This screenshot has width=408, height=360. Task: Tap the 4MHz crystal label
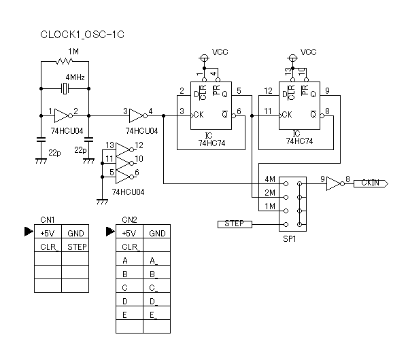pyautogui.click(x=75, y=78)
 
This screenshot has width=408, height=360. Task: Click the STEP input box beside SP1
pyautogui.click(x=234, y=223)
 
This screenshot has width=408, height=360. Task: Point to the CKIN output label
pyautogui.click(x=370, y=183)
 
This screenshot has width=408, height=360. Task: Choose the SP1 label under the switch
pyautogui.click(x=289, y=240)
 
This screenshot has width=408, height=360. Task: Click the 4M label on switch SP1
pyautogui.click(x=269, y=180)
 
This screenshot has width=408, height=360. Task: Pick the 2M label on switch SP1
pyautogui.click(x=269, y=194)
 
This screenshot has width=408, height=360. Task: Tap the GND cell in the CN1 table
pyautogui.click(x=75, y=232)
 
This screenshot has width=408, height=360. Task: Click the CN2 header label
pyautogui.click(x=129, y=219)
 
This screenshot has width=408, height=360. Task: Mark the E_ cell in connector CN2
pyautogui.click(x=156, y=314)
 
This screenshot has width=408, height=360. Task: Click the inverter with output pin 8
pyautogui.click(x=333, y=183)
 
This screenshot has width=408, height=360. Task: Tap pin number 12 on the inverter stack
pyautogui.click(x=139, y=145)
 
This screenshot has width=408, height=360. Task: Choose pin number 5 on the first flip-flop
pyautogui.click(x=239, y=90)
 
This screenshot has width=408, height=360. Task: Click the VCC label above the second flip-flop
pyautogui.click(x=308, y=52)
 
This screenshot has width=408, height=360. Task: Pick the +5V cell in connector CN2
pyautogui.click(x=129, y=232)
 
